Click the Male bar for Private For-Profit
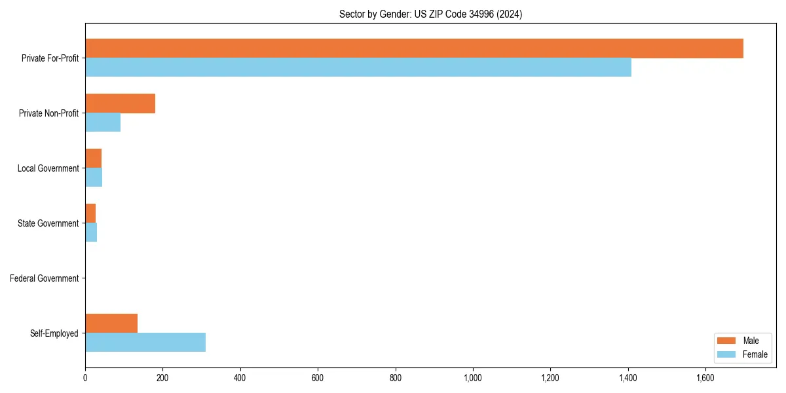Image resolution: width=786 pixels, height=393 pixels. [x=414, y=48]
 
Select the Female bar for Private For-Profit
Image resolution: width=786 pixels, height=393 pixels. [x=358, y=67]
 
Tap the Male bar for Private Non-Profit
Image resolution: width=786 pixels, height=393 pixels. [x=120, y=103]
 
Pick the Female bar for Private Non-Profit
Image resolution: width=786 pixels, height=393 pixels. [x=103, y=122]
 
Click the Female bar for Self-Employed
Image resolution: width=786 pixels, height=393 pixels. [x=145, y=342]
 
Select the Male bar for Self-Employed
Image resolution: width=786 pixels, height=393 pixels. [x=111, y=323]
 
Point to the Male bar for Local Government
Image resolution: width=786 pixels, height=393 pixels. [x=93, y=159]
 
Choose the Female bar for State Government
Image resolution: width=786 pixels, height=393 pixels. [x=91, y=233]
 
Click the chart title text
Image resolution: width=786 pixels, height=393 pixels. [x=430, y=14]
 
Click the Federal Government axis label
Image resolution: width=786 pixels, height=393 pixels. [x=45, y=278]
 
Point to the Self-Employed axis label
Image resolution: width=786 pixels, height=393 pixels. [x=54, y=333]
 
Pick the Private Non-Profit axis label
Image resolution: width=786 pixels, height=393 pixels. [x=49, y=113]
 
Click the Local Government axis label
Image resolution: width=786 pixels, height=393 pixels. [x=48, y=168]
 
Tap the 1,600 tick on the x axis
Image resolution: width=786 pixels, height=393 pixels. [x=705, y=377]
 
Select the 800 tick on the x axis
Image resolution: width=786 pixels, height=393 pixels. [x=395, y=377]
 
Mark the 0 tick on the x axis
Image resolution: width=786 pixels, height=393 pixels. [x=85, y=377]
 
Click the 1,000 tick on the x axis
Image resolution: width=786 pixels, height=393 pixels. [x=472, y=377]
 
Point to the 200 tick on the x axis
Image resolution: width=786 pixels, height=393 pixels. [x=162, y=377]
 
